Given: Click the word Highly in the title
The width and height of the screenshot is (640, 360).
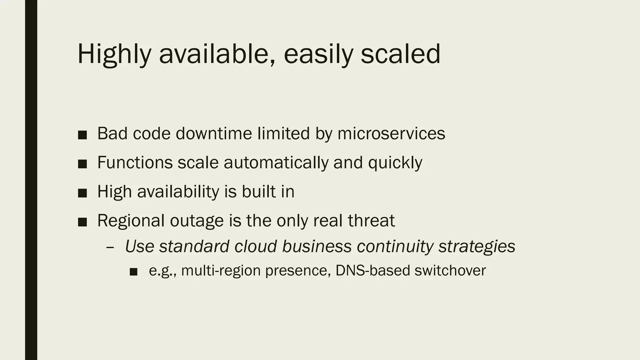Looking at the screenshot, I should (x=114, y=54).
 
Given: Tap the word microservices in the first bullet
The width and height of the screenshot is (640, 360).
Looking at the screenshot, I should (x=391, y=133).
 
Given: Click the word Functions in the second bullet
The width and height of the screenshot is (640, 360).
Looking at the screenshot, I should (x=135, y=162).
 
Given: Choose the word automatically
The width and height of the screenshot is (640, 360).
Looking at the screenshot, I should (x=276, y=162).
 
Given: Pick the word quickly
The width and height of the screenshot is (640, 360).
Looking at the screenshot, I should (x=395, y=162).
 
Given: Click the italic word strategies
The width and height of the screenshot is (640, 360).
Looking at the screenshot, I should (x=477, y=246).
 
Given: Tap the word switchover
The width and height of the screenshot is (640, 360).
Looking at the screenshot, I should (x=450, y=270).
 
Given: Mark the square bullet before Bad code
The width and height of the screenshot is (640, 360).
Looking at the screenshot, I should (x=82, y=135).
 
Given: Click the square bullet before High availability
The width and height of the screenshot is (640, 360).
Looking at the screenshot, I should (x=82, y=193).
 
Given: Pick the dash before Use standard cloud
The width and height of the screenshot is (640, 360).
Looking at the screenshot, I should (x=110, y=247).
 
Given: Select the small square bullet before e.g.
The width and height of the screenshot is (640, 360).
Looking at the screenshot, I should (x=133, y=272).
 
